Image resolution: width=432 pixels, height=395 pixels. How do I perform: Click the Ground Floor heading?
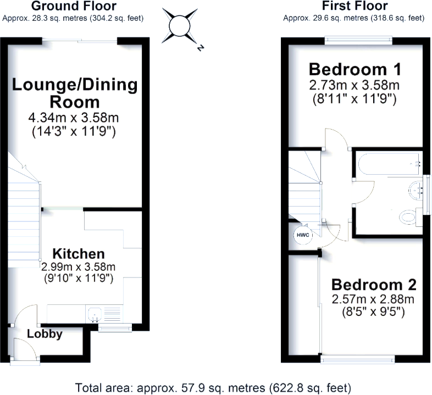(73, 7)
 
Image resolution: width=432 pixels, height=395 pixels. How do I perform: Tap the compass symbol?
(179, 26)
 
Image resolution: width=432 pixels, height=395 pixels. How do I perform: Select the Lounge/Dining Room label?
(75, 93)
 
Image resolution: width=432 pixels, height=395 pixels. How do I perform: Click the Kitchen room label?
(78, 254)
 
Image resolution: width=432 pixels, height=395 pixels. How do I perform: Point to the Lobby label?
(45, 334)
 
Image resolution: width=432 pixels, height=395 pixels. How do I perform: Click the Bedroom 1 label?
(354, 70)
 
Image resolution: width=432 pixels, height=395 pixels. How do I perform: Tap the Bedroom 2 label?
(374, 285)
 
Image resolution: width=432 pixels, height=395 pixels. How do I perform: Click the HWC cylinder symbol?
(302, 235)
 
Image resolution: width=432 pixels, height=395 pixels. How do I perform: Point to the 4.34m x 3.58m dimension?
(74, 117)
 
